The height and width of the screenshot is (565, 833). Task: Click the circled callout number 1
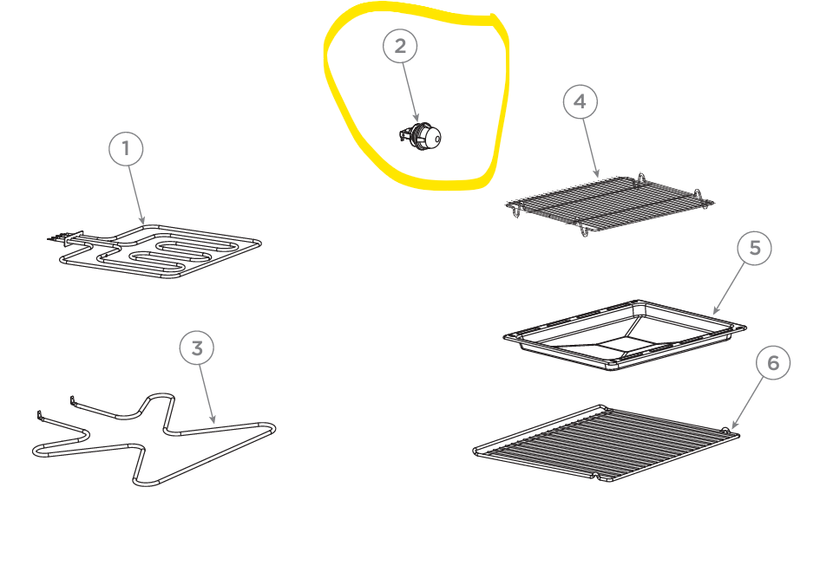point(126,148)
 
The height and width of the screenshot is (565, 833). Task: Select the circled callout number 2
point(400,46)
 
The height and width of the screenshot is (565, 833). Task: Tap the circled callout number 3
point(197,348)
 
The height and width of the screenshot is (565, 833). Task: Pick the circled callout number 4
point(580,101)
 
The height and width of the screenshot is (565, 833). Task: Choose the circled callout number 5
point(754,248)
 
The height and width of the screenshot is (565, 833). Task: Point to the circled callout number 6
point(773,363)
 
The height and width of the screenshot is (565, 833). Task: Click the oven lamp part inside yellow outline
point(420,136)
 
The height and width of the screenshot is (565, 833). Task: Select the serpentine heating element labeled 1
point(160,251)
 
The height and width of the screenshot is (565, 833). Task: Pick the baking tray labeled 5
point(625,334)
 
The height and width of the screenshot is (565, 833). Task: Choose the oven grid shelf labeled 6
point(606,444)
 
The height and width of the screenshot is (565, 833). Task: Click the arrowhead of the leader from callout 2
point(417,118)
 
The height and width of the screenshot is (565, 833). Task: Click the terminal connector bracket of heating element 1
point(73,238)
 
